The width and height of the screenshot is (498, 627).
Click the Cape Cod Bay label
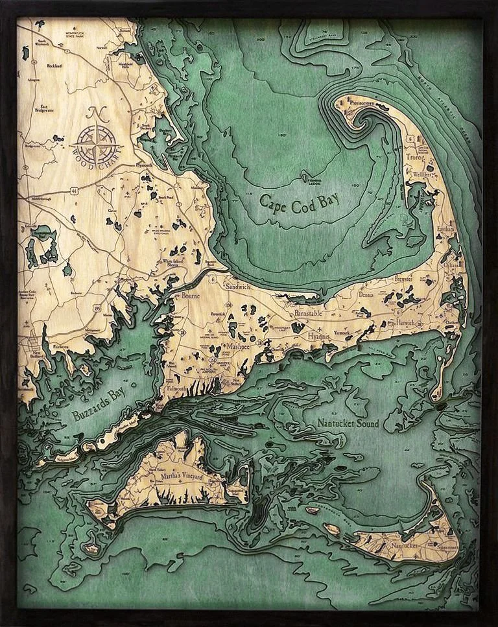[300, 200]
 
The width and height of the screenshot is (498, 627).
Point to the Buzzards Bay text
[97, 402]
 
